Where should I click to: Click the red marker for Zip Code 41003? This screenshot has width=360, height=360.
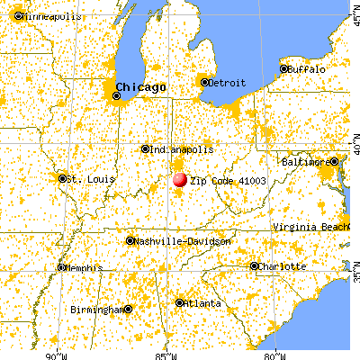coord(179,179)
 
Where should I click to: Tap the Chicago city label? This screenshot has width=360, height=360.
coord(139,86)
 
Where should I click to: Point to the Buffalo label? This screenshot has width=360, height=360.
coord(309,68)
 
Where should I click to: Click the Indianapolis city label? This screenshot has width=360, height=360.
coord(183,148)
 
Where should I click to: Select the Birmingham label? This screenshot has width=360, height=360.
coord(96,309)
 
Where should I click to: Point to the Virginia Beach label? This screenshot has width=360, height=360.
coord(311,229)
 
